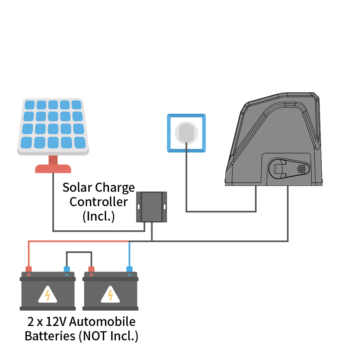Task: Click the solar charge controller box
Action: [x=152, y=207]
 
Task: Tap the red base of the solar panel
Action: [x=53, y=169]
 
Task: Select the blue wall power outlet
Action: [x=186, y=133]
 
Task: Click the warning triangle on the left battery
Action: [x=47, y=295]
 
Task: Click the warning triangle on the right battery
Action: [x=110, y=295]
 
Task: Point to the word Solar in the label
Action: [x=77, y=188]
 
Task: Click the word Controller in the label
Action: [x=99, y=202]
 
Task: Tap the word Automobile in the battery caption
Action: [x=102, y=322]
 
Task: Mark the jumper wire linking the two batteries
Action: [x=79, y=252]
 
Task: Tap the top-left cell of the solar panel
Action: [x=29, y=105]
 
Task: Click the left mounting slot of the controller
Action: [x=139, y=207]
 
